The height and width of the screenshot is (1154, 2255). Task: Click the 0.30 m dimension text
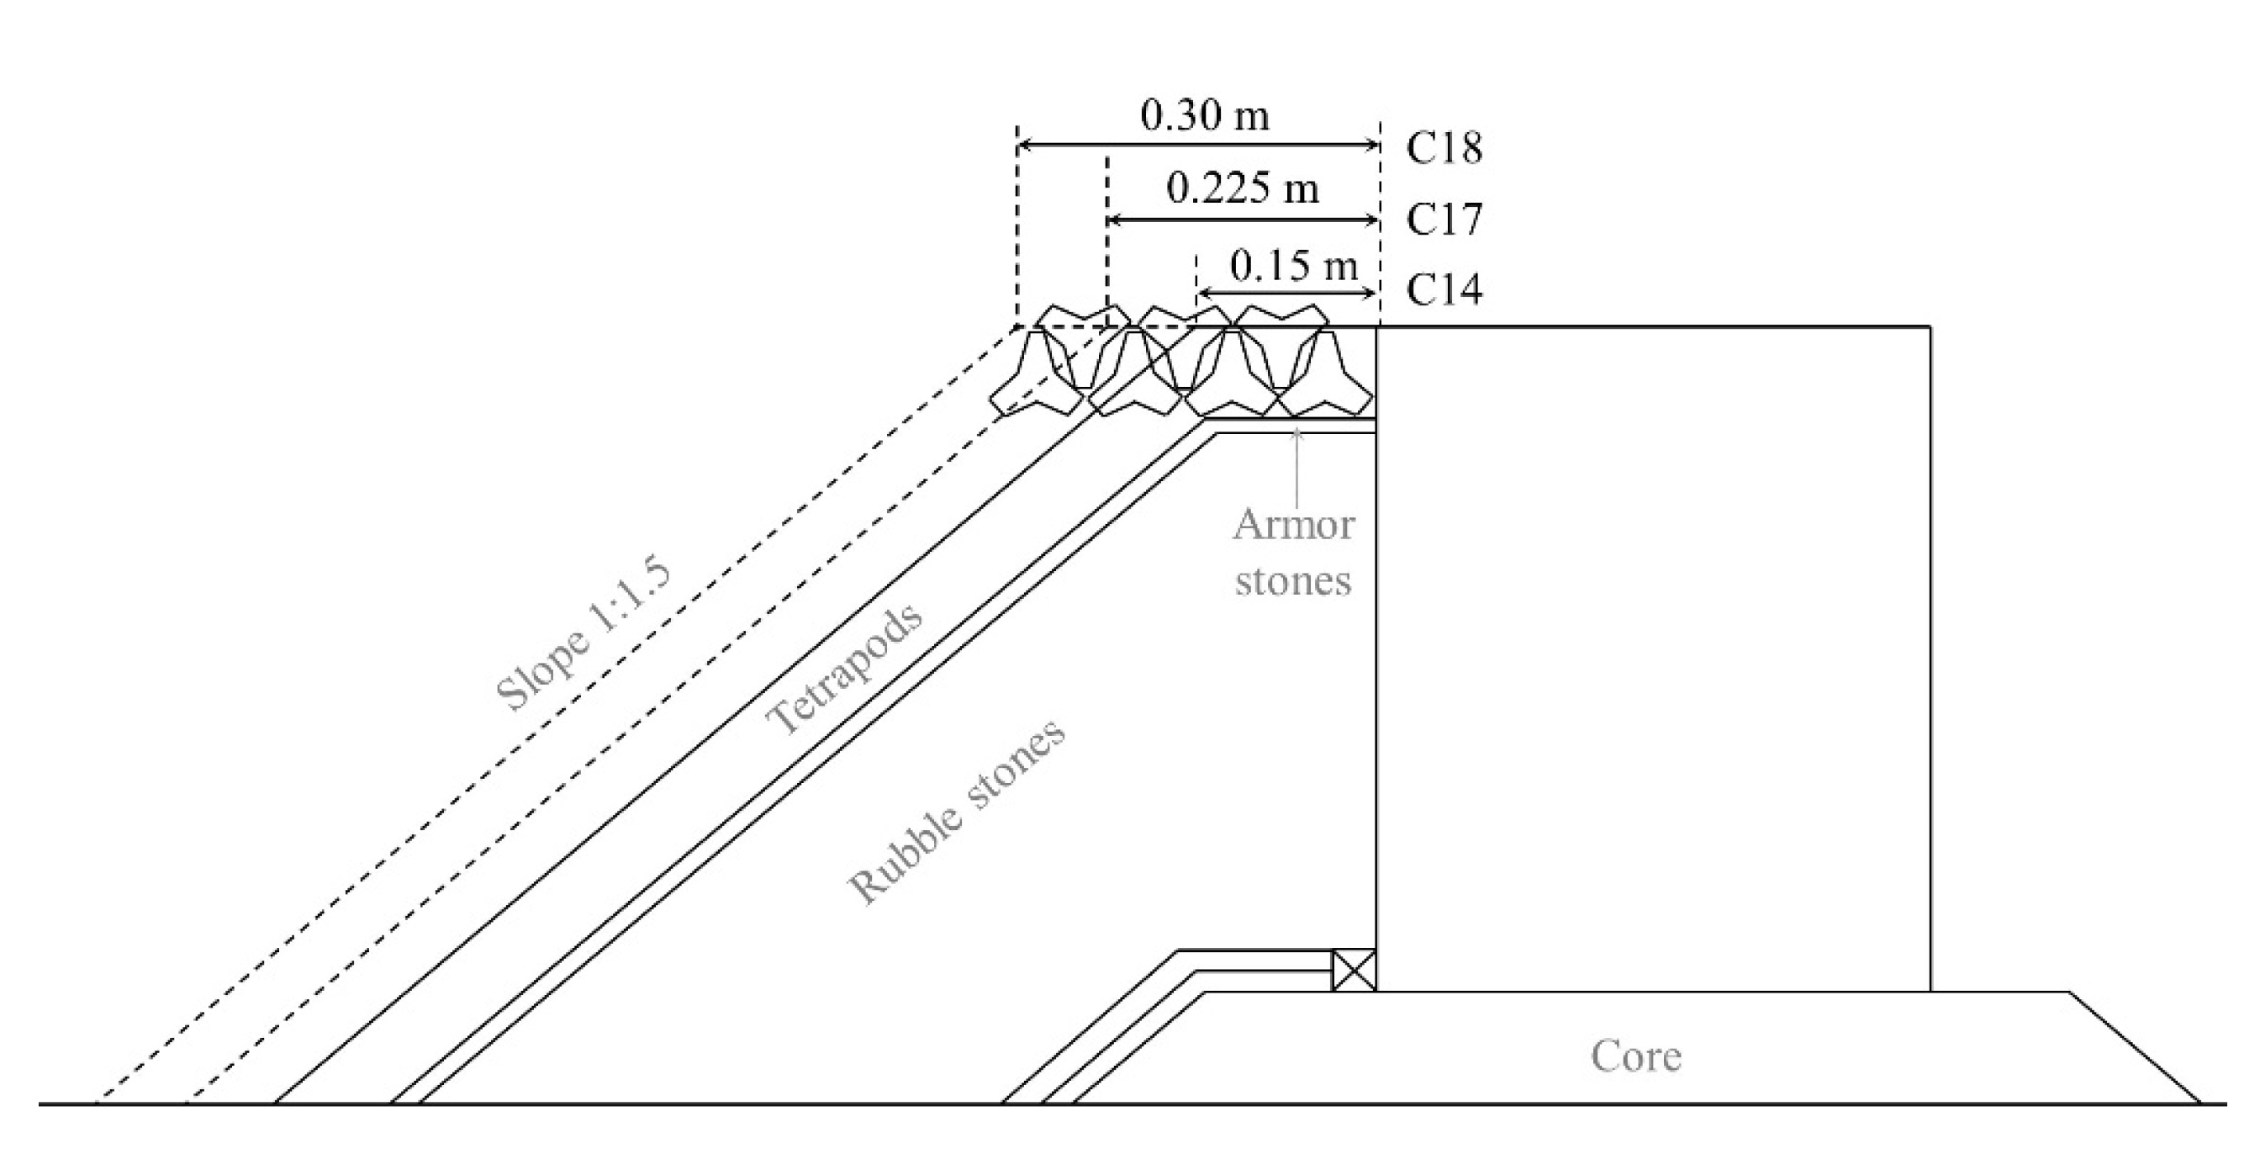point(1204,115)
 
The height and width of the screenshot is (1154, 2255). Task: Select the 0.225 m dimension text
point(1242,188)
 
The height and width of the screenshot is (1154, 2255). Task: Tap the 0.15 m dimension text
point(1293,264)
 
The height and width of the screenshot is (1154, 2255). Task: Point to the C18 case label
point(1444,149)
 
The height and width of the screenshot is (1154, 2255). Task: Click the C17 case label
point(1444,220)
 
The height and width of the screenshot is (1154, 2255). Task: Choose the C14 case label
point(1444,291)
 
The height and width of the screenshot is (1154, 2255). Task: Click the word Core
point(1635,1056)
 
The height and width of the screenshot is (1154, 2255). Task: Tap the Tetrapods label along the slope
point(844,668)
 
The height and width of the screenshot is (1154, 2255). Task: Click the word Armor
point(1293,525)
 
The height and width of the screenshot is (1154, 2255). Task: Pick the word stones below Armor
point(1293,581)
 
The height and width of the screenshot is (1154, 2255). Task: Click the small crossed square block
point(1354,970)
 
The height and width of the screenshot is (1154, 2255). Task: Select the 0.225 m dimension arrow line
point(1243,220)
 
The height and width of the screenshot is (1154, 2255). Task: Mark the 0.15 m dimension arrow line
point(1286,293)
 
